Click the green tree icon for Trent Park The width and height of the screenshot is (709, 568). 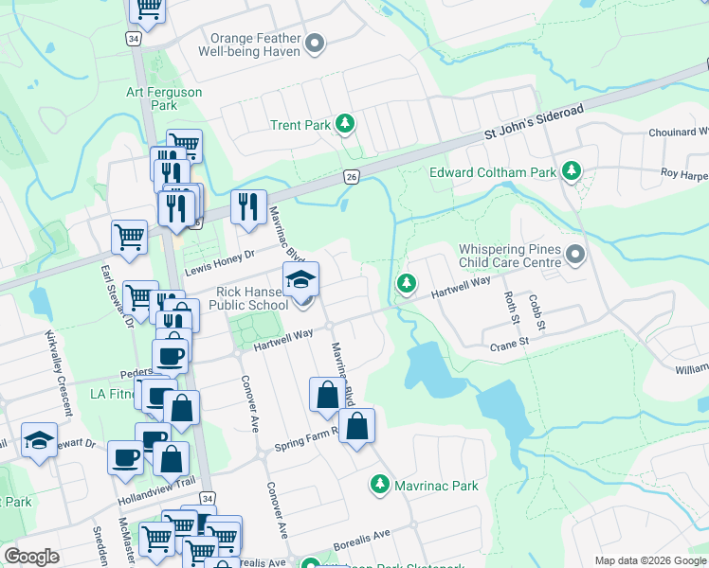point(346,124)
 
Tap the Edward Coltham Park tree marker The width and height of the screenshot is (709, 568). point(571,171)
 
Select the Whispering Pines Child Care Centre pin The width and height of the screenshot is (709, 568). point(576,254)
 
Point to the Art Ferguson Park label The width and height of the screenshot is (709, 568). point(164,98)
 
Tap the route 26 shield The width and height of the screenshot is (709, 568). point(351,177)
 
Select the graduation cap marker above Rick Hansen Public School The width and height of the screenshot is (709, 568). point(301,278)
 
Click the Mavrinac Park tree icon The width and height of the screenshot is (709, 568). point(379,485)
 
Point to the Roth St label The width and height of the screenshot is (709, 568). point(512,304)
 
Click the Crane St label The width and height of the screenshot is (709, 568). point(509,345)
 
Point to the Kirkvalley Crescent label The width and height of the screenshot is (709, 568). point(59,375)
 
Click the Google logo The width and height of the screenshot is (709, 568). point(31,557)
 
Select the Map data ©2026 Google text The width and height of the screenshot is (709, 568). point(649,560)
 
